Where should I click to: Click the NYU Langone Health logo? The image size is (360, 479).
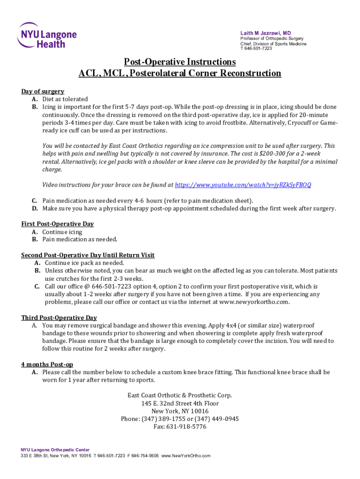(x=47, y=35)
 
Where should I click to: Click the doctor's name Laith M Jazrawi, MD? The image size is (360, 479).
(x=266, y=33)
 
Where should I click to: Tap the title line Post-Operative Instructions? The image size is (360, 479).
(x=180, y=62)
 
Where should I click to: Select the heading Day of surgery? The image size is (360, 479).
(x=43, y=91)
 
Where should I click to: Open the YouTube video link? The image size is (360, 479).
(x=243, y=185)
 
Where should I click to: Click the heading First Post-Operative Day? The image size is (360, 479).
(x=58, y=224)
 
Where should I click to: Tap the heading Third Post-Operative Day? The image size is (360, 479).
(x=59, y=318)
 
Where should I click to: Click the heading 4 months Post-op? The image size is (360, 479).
(x=47, y=364)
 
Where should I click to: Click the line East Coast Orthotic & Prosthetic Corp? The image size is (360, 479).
(x=180, y=395)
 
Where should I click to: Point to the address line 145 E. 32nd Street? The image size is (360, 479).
(x=180, y=403)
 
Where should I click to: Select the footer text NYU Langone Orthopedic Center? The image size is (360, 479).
(x=55, y=450)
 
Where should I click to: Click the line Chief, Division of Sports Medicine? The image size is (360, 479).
(x=273, y=44)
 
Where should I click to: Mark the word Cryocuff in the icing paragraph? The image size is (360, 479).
(x=298, y=123)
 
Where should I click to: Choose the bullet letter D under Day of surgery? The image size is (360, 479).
(x=35, y=208)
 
